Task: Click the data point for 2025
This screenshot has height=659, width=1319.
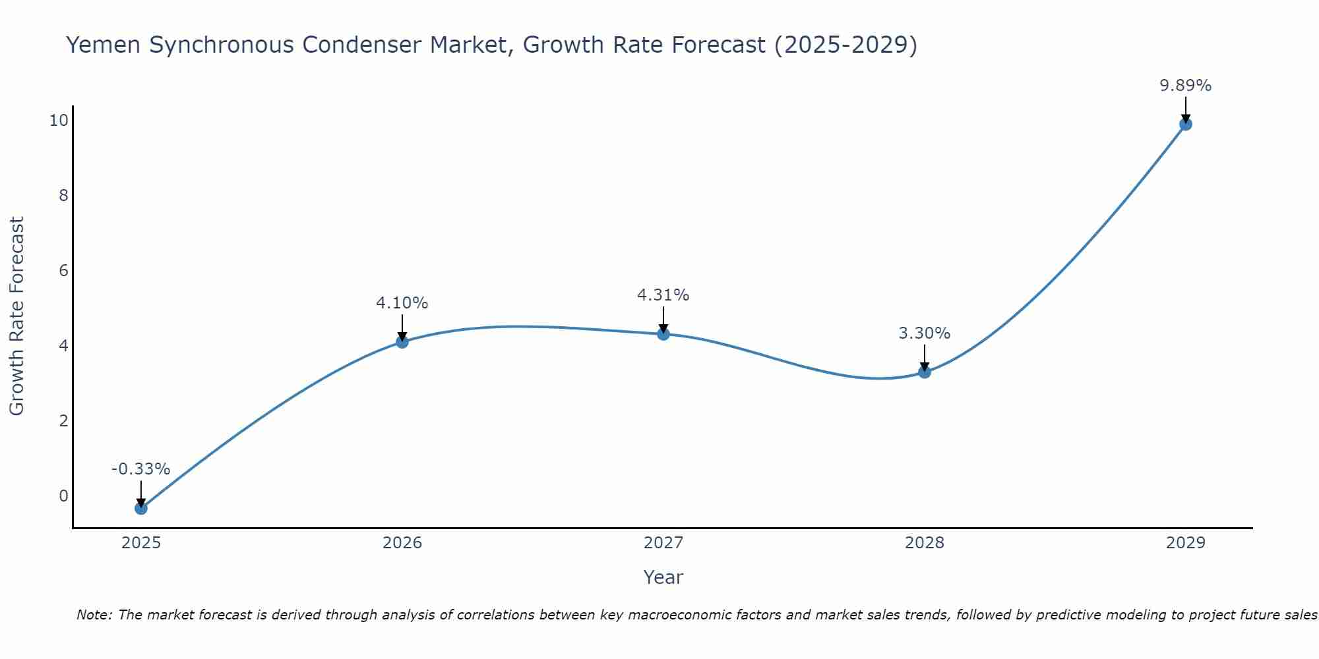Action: coord(140,508)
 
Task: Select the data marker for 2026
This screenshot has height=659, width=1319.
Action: coord(402,341)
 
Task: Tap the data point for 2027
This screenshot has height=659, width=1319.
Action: coord(663,334)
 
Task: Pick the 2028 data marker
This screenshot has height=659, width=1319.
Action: coord(925,372)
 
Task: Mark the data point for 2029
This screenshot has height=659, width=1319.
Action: coord(1185,124)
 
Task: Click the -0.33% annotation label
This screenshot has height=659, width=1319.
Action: coord(140,469)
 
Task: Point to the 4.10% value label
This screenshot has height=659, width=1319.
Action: coord(402,303)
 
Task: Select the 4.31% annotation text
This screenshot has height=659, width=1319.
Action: coord(663,295)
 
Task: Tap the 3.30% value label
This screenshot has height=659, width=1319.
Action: coord(924,333)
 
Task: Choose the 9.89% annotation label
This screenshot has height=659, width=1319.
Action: coord(1185,86)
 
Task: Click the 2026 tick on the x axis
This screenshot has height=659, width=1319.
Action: coord(402,543)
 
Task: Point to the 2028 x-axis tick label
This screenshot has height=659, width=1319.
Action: coord(925,543)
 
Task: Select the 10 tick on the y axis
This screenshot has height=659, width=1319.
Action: coord(58,120)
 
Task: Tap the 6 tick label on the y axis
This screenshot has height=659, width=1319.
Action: coord(63,270)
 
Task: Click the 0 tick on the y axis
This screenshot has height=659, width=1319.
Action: coord(63,496)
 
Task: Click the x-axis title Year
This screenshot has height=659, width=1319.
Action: coord(663,577)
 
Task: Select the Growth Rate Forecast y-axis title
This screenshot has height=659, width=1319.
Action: coord(17,316)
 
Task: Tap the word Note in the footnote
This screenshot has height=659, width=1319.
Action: coord(94,615)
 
